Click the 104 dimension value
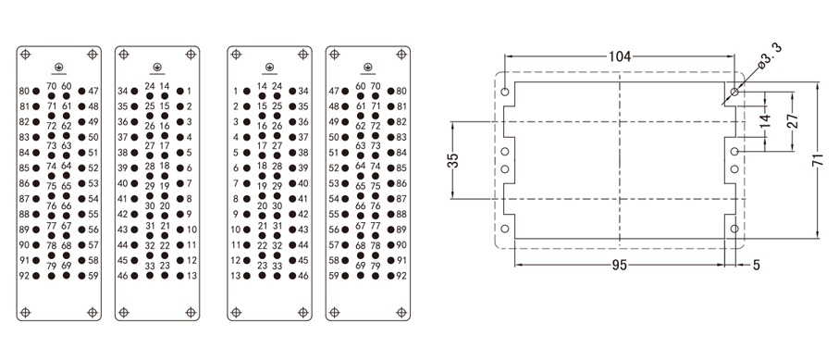coord(620,56)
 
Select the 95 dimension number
coord(620,266)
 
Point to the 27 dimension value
coord(793,120)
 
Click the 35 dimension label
coord(453,161)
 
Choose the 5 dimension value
coord(756,266)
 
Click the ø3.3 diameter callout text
coord(771,55)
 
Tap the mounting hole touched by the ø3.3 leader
coord(734,93)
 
